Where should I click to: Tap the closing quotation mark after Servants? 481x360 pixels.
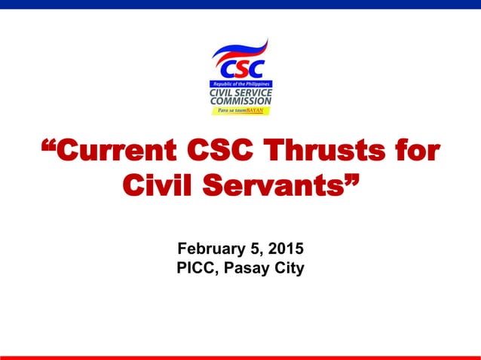(x=349, y=178)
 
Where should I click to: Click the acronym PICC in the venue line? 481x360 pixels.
(x=196, y=267)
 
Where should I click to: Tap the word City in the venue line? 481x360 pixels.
(x=290, y=267)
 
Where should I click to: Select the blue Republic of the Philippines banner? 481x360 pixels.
(x=240, y=83)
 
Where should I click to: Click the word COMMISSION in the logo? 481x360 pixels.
(x=240, y=101)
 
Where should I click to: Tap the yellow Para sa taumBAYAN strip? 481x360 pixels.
(x=240, y=111)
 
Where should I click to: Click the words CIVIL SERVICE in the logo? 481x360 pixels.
(x=240, y=92)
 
